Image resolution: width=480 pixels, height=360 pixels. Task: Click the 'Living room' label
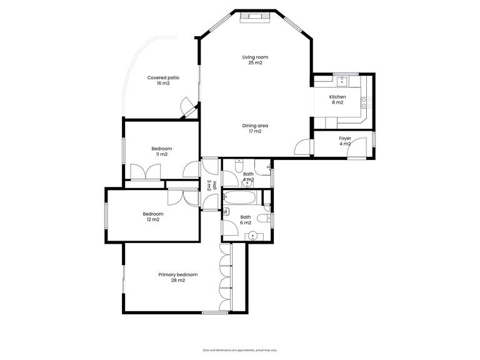(255, 57)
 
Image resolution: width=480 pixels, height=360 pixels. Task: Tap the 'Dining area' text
(255, 126)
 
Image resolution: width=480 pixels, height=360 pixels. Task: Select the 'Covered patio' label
(163, 77)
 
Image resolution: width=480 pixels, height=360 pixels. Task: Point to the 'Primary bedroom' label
(177, 275)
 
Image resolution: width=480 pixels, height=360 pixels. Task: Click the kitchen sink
(342, 81)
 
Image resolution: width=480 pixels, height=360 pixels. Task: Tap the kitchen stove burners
(369, 102)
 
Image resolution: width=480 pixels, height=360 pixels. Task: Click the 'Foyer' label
(345, 138)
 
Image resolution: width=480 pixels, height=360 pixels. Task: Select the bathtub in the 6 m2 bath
(241, 199)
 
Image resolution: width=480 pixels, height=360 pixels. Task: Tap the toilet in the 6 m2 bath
(267, 218)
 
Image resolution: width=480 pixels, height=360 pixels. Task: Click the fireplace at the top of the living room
(256, 16)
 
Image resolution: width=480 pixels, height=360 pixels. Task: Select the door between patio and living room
(186, 107)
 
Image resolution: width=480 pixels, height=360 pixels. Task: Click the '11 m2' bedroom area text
(161, 154)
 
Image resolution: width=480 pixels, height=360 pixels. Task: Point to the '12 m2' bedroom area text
(153, 219)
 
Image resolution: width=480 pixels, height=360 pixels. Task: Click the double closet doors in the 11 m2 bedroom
(143, 172)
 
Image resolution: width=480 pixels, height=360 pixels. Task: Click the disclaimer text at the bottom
(240, 350)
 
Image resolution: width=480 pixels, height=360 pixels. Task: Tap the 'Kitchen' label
(337, 97)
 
